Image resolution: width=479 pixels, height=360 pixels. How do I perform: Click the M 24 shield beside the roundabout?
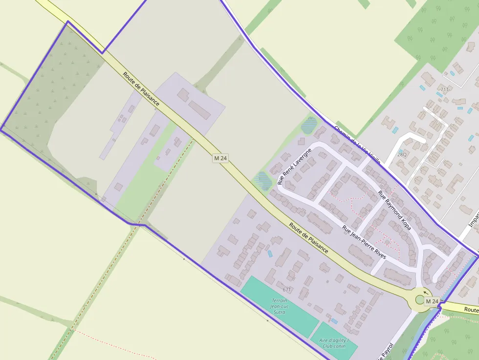coord(432,301)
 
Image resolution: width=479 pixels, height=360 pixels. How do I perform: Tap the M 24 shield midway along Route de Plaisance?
coord(220,158)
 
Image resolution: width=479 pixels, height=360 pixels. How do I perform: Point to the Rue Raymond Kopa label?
coord(394,210)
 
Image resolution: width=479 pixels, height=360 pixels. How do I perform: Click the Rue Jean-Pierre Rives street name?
coord(364,242)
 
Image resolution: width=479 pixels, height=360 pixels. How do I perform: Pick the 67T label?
coord(287,290)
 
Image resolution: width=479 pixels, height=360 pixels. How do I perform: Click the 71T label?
coord(444,90)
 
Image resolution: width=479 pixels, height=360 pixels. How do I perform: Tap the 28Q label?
coord(402,154)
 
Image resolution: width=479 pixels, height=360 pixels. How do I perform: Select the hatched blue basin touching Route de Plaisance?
coord(263,181)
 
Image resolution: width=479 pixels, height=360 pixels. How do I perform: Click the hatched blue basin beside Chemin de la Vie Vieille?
coord(309,125)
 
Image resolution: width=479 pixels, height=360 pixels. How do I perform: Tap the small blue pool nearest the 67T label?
coord(270,254)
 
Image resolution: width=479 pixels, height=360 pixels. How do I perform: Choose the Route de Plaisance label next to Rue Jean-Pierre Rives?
coord(308,237)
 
